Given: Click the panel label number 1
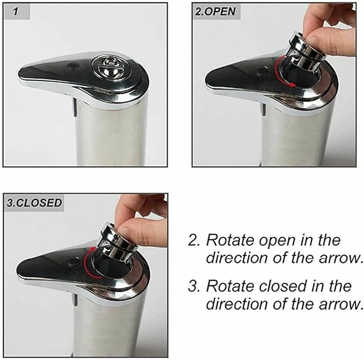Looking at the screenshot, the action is (16, 12).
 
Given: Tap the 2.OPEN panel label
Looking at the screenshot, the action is (215, 11).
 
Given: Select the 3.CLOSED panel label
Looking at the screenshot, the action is (34, 202).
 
